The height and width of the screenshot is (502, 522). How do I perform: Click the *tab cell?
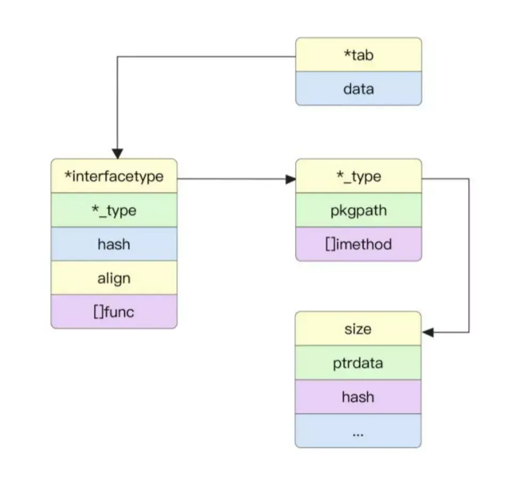point(359,54)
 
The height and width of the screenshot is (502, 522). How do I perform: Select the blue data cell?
point(359,89)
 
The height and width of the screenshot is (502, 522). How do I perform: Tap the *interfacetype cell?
point(114,176)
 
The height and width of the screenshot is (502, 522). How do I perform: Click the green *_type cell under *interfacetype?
point(114,210)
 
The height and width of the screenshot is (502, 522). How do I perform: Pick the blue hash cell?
point(114,244)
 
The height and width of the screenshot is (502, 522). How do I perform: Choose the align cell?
point(114,278)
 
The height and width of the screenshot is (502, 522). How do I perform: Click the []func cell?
point(114,312)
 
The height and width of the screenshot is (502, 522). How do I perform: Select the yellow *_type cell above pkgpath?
point(359,176)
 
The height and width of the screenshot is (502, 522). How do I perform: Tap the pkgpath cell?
point(359,210)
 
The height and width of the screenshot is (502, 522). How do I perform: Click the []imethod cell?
point(359,244)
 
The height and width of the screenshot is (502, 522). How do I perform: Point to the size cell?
point(358,329)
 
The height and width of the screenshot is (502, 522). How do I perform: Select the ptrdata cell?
point(358,363)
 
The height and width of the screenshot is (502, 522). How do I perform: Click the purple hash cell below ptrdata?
point(358,397)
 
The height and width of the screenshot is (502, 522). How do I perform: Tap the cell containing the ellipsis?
point(358,431)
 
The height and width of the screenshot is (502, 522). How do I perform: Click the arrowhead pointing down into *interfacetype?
point(117,154)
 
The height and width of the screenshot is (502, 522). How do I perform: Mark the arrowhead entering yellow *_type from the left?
point(291,179)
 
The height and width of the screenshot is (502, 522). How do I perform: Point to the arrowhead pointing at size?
point(428,332)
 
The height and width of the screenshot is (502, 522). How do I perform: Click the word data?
point(359,89)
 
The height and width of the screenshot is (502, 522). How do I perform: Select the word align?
point(114,278)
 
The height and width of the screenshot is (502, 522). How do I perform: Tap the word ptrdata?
point(358,364)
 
